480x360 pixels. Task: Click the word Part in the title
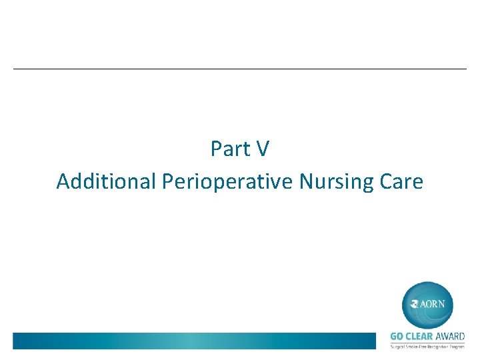tap(227, 149)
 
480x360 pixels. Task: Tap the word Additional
tap(106, 181)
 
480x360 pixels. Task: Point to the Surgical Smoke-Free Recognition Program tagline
tap(427, 347)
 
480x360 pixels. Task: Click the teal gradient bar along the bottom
tap(193, 341)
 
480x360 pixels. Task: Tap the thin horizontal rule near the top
tap(240, 69)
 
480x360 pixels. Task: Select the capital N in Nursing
tap(305, 181)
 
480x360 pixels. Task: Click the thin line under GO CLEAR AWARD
tap(427, 343)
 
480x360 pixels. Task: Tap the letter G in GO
tap(393, 337)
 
